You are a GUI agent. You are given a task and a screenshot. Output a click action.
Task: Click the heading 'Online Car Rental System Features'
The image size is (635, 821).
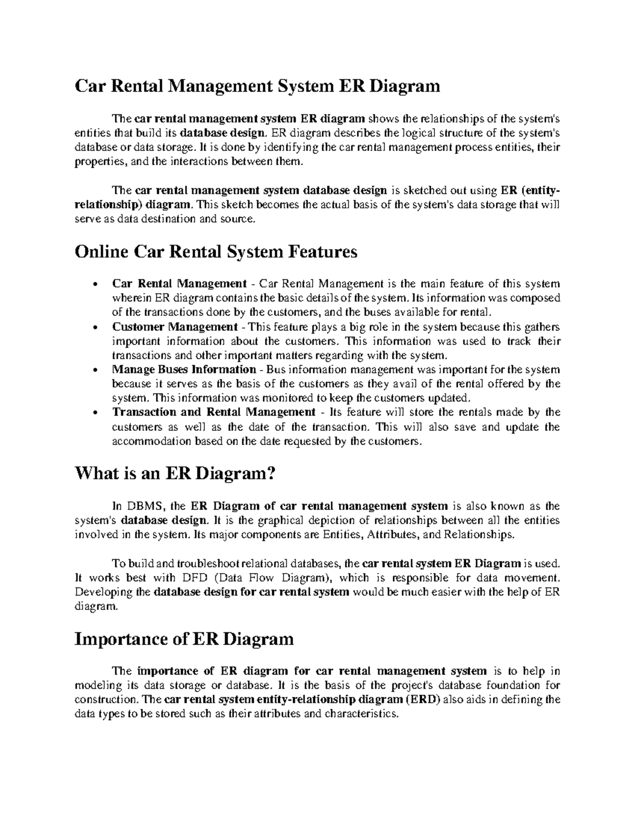point(216,252)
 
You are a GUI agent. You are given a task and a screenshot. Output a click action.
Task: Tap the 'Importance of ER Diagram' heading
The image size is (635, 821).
point(184,639)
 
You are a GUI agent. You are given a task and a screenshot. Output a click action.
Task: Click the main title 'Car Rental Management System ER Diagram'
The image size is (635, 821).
point(257,85)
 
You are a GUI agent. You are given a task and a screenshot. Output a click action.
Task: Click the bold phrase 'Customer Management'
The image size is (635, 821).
point(175,327)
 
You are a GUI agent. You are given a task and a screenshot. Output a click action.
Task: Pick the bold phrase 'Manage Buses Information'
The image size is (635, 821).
point(184,370)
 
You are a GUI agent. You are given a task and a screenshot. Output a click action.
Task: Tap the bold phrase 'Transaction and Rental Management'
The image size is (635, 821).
point(213,412)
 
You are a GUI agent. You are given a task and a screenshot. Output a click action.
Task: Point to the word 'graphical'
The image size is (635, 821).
point(272,520)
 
